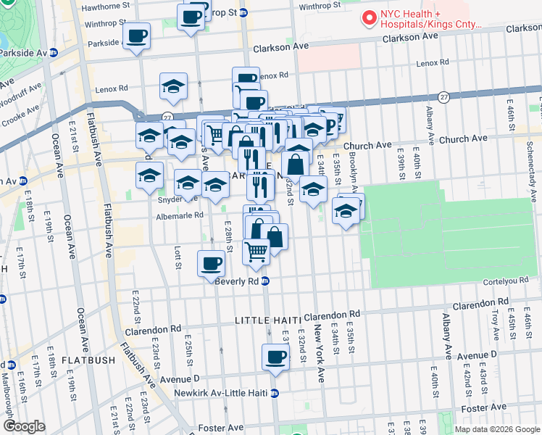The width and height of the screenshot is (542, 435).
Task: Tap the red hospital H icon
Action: pos(369,17)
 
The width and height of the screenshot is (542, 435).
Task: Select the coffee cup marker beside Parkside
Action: pos(136,36)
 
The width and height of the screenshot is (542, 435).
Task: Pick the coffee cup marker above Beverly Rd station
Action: pos(211,263)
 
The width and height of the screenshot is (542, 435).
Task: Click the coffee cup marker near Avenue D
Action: pos(275,357)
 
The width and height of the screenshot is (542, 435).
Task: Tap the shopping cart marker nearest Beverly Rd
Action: pos(256,252)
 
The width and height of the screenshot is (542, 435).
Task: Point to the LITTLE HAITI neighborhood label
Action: pos(267,320)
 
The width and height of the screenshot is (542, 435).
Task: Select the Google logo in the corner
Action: pos(24,426)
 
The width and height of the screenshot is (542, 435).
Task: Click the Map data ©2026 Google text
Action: pos(496,428)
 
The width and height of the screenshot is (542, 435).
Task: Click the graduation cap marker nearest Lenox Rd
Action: pos(173,87)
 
